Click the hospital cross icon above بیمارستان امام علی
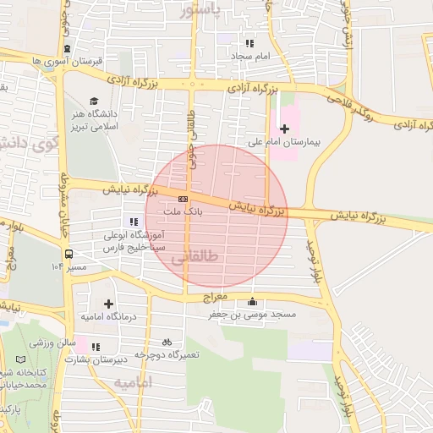(284, 128)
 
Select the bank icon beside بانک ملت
(172, 199)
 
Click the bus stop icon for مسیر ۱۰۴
(69, 253)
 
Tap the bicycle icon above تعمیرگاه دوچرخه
(167, 342)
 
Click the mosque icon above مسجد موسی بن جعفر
(251, 302)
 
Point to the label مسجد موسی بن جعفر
(253, 315)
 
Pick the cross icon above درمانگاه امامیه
(108, 303)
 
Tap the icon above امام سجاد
(249, 43)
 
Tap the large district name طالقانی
(196, 256)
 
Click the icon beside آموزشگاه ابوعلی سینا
(134, 222)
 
